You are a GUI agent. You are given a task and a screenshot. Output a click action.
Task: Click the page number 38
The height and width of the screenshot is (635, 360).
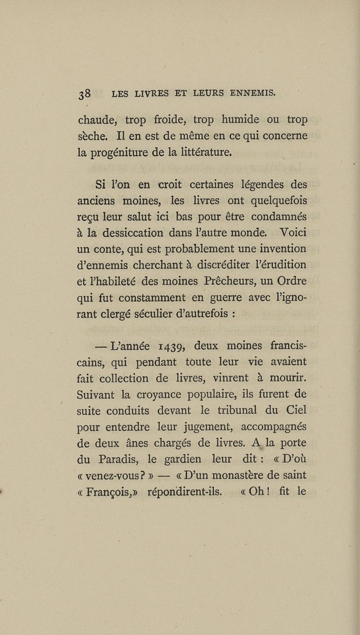tap(85, 94)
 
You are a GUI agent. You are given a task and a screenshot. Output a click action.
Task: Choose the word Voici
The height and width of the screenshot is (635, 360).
tap(291, 233)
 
